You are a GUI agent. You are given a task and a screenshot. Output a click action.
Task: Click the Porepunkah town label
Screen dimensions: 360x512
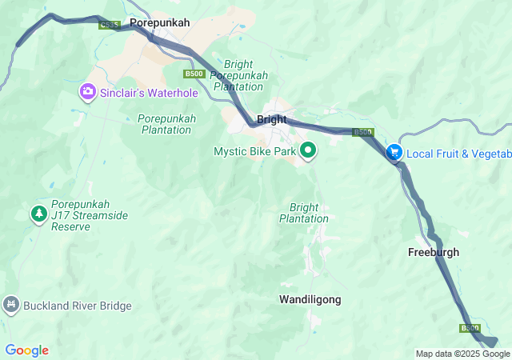point(160,23)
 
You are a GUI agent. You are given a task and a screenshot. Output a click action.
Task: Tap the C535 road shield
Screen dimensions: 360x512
point(110,26)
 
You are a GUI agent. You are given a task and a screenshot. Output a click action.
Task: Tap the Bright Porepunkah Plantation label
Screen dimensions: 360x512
point(238,75)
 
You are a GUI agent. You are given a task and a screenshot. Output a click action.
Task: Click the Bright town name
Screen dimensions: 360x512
point(272,120)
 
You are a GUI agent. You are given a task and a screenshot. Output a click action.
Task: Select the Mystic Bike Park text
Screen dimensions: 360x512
point(255,151)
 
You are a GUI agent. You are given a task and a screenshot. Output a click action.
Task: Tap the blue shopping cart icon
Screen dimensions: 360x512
point(394,152)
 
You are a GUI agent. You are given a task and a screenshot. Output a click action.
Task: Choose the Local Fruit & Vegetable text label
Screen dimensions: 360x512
point(458,154)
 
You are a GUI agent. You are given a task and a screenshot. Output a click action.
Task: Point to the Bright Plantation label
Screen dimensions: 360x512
point(304,213)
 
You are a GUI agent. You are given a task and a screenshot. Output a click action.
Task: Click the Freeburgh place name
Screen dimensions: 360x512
point(434,252)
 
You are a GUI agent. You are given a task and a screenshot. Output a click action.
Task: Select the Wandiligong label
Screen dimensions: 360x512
point(310,299)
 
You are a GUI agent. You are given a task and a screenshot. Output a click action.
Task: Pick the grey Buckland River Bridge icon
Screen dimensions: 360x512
point(10,305)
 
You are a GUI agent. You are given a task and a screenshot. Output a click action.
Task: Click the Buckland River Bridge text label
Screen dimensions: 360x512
point(77,306)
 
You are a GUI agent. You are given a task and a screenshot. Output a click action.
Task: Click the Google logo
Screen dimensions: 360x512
point(26,350)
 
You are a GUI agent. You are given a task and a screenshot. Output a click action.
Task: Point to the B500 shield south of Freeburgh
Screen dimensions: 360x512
point(470,328)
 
